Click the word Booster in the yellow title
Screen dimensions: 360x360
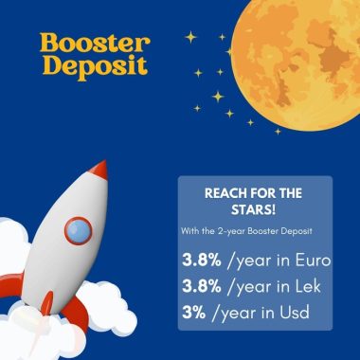95,43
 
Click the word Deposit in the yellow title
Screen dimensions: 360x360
95,69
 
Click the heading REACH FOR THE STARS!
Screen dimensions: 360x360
253,200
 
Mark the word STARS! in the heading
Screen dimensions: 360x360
253,209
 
